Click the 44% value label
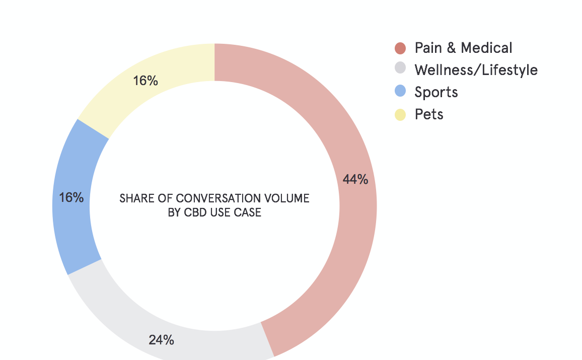point(355,179)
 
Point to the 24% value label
point(161,340)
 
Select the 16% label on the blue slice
point(71,197)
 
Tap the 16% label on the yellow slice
point(146,81)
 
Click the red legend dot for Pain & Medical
point(400,48)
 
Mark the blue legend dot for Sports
point(400,91)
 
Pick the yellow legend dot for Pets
point(400,115)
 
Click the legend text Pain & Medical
point(463,48)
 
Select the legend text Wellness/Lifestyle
point(476,69)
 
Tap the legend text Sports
point(436,92)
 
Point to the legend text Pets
point(429,114)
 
